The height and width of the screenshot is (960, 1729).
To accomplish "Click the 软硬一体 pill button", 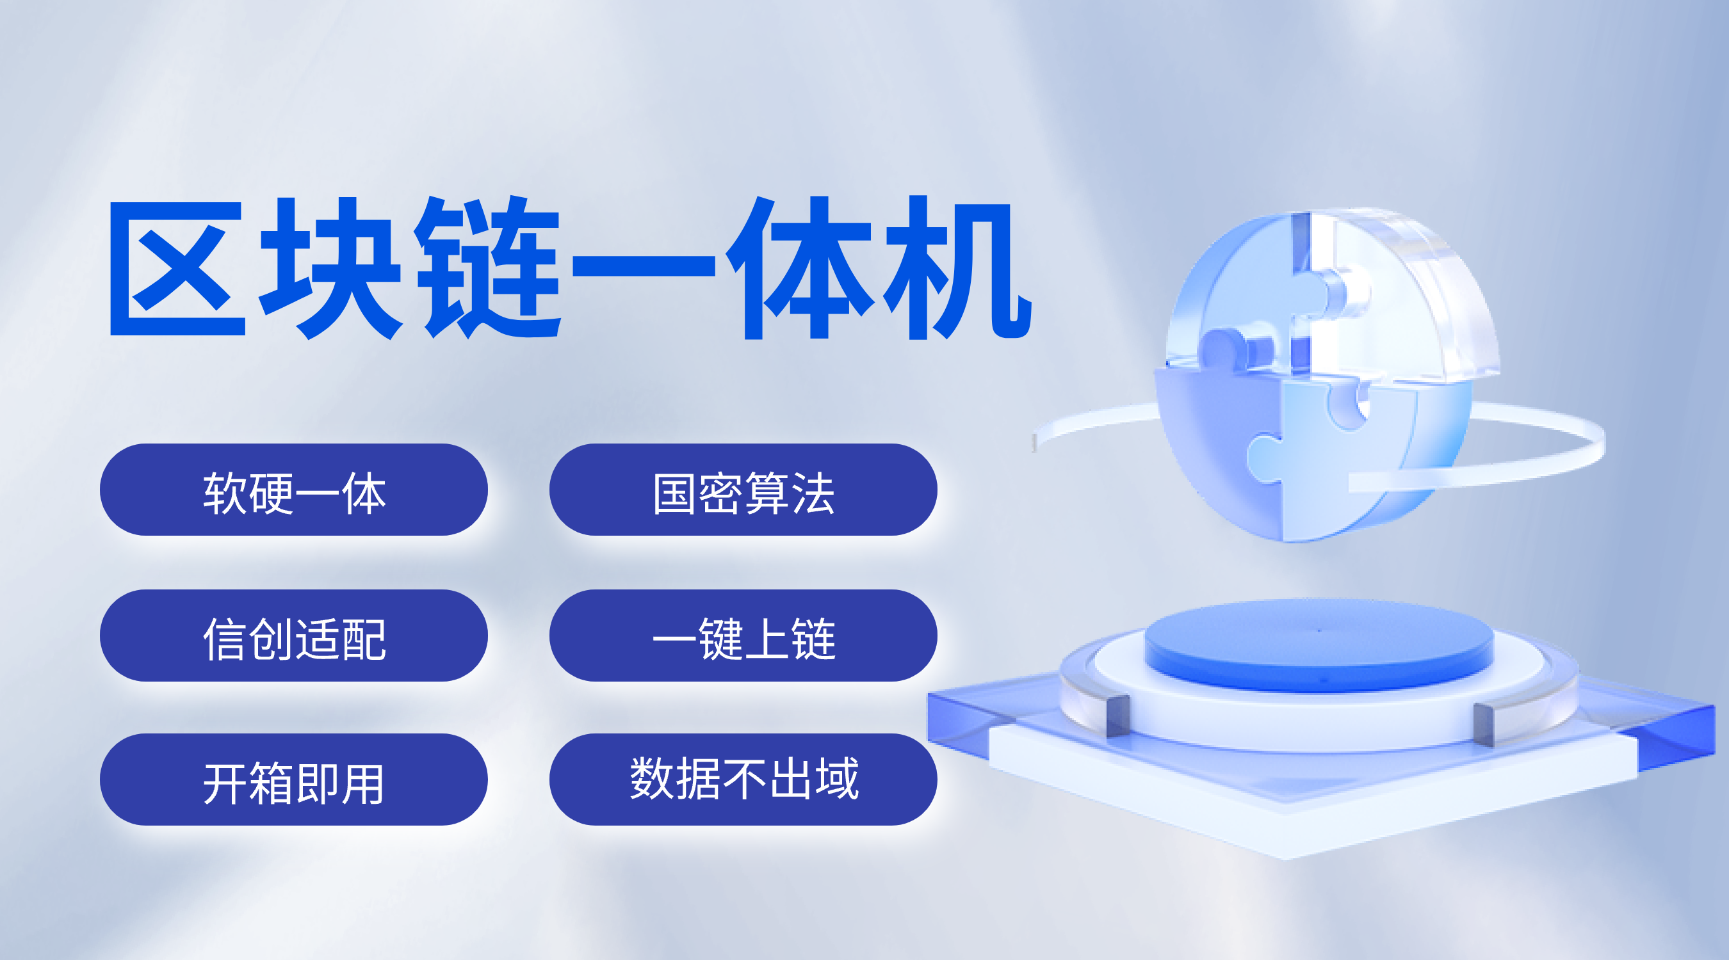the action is tap(293, 489).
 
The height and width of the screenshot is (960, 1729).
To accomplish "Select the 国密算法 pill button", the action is tap(743, 489).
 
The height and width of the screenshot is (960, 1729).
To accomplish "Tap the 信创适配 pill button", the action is tap(293, 636).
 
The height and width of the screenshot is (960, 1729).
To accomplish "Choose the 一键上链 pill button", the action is tap(743, 636).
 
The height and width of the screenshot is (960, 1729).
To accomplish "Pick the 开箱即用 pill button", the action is tap(293, 780).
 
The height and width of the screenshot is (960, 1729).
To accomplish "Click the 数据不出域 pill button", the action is tap(743, 780).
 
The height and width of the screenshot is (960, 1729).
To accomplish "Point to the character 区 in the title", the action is tap(178, 268).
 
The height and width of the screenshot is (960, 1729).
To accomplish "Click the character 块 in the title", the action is tap(331, 268).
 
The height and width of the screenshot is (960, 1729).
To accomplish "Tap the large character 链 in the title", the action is tap(487, 268).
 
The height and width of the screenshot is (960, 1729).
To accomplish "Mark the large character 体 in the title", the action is tap(800, 268).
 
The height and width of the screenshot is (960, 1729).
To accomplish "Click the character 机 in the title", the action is tap(957, 268).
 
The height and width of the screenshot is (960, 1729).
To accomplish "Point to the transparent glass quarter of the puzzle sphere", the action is tap(1396, 295).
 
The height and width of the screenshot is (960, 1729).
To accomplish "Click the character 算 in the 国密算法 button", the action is tap(767, 493).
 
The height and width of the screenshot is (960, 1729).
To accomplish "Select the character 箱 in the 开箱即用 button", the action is tap(270, 783).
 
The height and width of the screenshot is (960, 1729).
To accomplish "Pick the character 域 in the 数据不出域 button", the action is tap(836, 778).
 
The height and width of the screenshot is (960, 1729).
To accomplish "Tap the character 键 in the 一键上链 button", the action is tap(720, 639).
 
